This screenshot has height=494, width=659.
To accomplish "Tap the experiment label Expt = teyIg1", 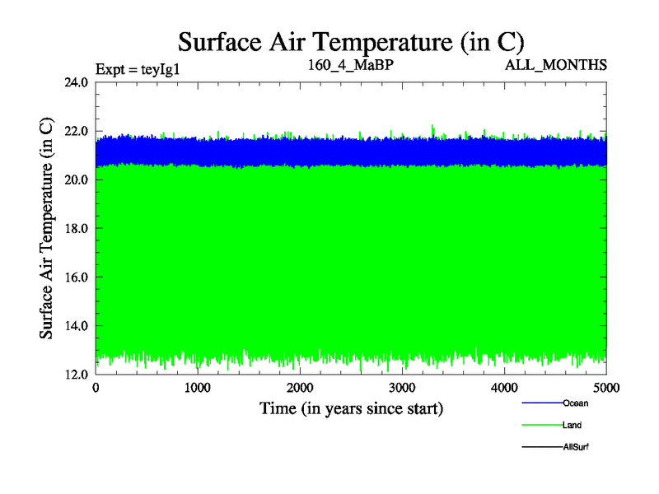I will [138, 68].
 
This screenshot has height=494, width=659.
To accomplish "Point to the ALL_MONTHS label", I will [556, 65].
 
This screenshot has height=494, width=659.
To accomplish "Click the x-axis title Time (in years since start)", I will [352, 408].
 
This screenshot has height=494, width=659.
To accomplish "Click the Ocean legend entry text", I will [575, 403].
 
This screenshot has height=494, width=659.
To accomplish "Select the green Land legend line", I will [542, 426].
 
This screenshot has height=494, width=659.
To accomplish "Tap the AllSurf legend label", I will [576, 446].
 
